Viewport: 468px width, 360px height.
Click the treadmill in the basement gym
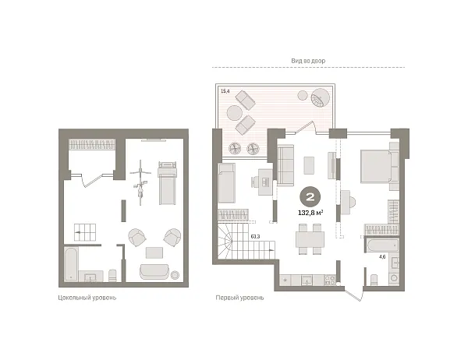click(167, 183)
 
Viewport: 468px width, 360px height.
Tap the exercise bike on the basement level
click(140, 182)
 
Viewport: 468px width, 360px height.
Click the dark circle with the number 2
click(310, 197)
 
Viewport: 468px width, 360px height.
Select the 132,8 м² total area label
click(310, 213)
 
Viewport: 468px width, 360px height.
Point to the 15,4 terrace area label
click(225, 91)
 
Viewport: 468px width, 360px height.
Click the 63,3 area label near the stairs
click(255, 237)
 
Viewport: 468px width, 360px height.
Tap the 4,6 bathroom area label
click(382, 256)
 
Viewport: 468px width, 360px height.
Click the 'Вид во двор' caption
click(308, 61)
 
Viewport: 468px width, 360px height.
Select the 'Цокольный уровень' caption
click(87, 298)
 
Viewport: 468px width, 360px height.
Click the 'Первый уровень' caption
click(239, 298)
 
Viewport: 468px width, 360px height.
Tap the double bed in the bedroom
click(376, 166)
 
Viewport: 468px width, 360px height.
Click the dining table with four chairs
click(310, 239)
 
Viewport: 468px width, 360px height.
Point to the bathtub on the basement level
click(71, 264)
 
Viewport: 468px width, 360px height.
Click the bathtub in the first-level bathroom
click(382, 245)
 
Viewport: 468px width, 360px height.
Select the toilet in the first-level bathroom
click(374, 280)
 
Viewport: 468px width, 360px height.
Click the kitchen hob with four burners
click(329, 280)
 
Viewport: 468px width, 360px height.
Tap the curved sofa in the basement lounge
click(154, 271)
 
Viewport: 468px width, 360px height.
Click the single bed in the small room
click(227, 183)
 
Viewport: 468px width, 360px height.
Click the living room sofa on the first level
click(285, 165)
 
